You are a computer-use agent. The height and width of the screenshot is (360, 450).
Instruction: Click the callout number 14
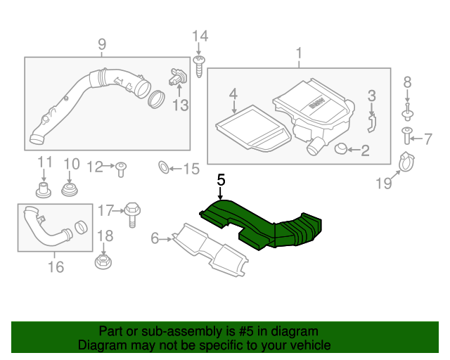point(200,36)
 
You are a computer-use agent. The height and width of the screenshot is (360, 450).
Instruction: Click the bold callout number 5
point(221,180)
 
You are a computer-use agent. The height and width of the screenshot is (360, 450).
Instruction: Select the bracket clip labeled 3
point(372,122)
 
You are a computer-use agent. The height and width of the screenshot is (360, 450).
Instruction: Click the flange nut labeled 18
point(104,263)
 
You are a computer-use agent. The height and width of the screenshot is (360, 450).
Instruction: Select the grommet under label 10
point(70,190)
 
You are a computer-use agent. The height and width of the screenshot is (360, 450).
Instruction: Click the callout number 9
point(101,46)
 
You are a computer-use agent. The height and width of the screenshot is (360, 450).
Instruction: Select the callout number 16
point(56,266)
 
